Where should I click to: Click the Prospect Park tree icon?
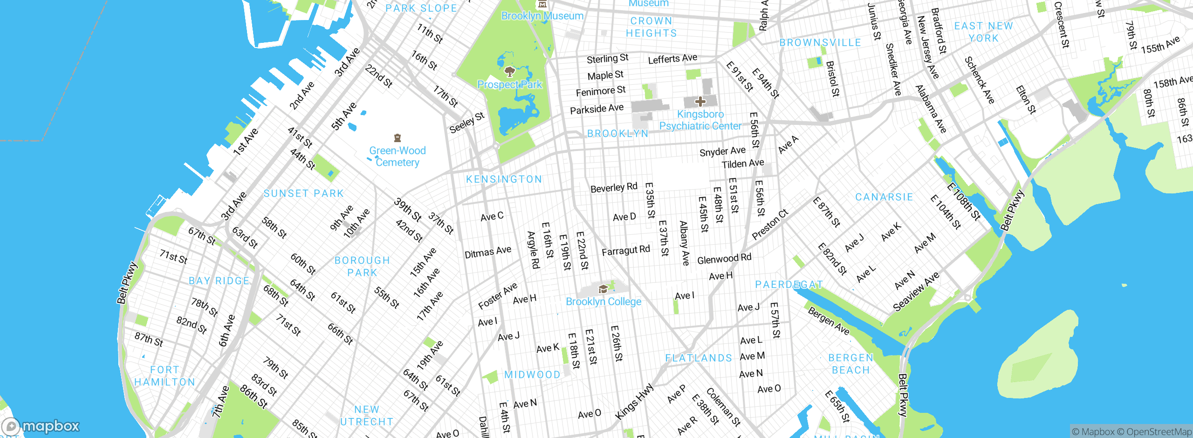coord(509,72)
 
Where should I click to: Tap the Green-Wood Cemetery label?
coord(398,157)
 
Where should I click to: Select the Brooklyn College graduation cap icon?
coord(603,289)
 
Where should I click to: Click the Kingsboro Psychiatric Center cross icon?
coord(700,101)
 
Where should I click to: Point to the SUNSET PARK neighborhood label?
coord(303,193)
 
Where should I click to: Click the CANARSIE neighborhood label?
coord(884,197)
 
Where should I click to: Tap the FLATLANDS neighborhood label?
coord(699,358)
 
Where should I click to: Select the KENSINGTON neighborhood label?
coord(504,179)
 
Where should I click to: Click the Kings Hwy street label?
coord(634,402)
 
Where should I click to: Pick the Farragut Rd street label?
coord(625,251)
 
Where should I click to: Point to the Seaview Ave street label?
coord(916,292)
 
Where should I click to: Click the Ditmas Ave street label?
coord(487,252)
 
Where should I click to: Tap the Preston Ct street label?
coord(770,225)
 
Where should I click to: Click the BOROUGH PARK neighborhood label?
coord(362,267)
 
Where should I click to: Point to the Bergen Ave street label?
coord(829,321)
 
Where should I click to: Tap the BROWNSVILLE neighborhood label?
coord(820,43)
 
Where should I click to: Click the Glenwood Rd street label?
coord(724,259)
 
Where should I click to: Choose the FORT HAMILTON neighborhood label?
coord(165,376)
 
